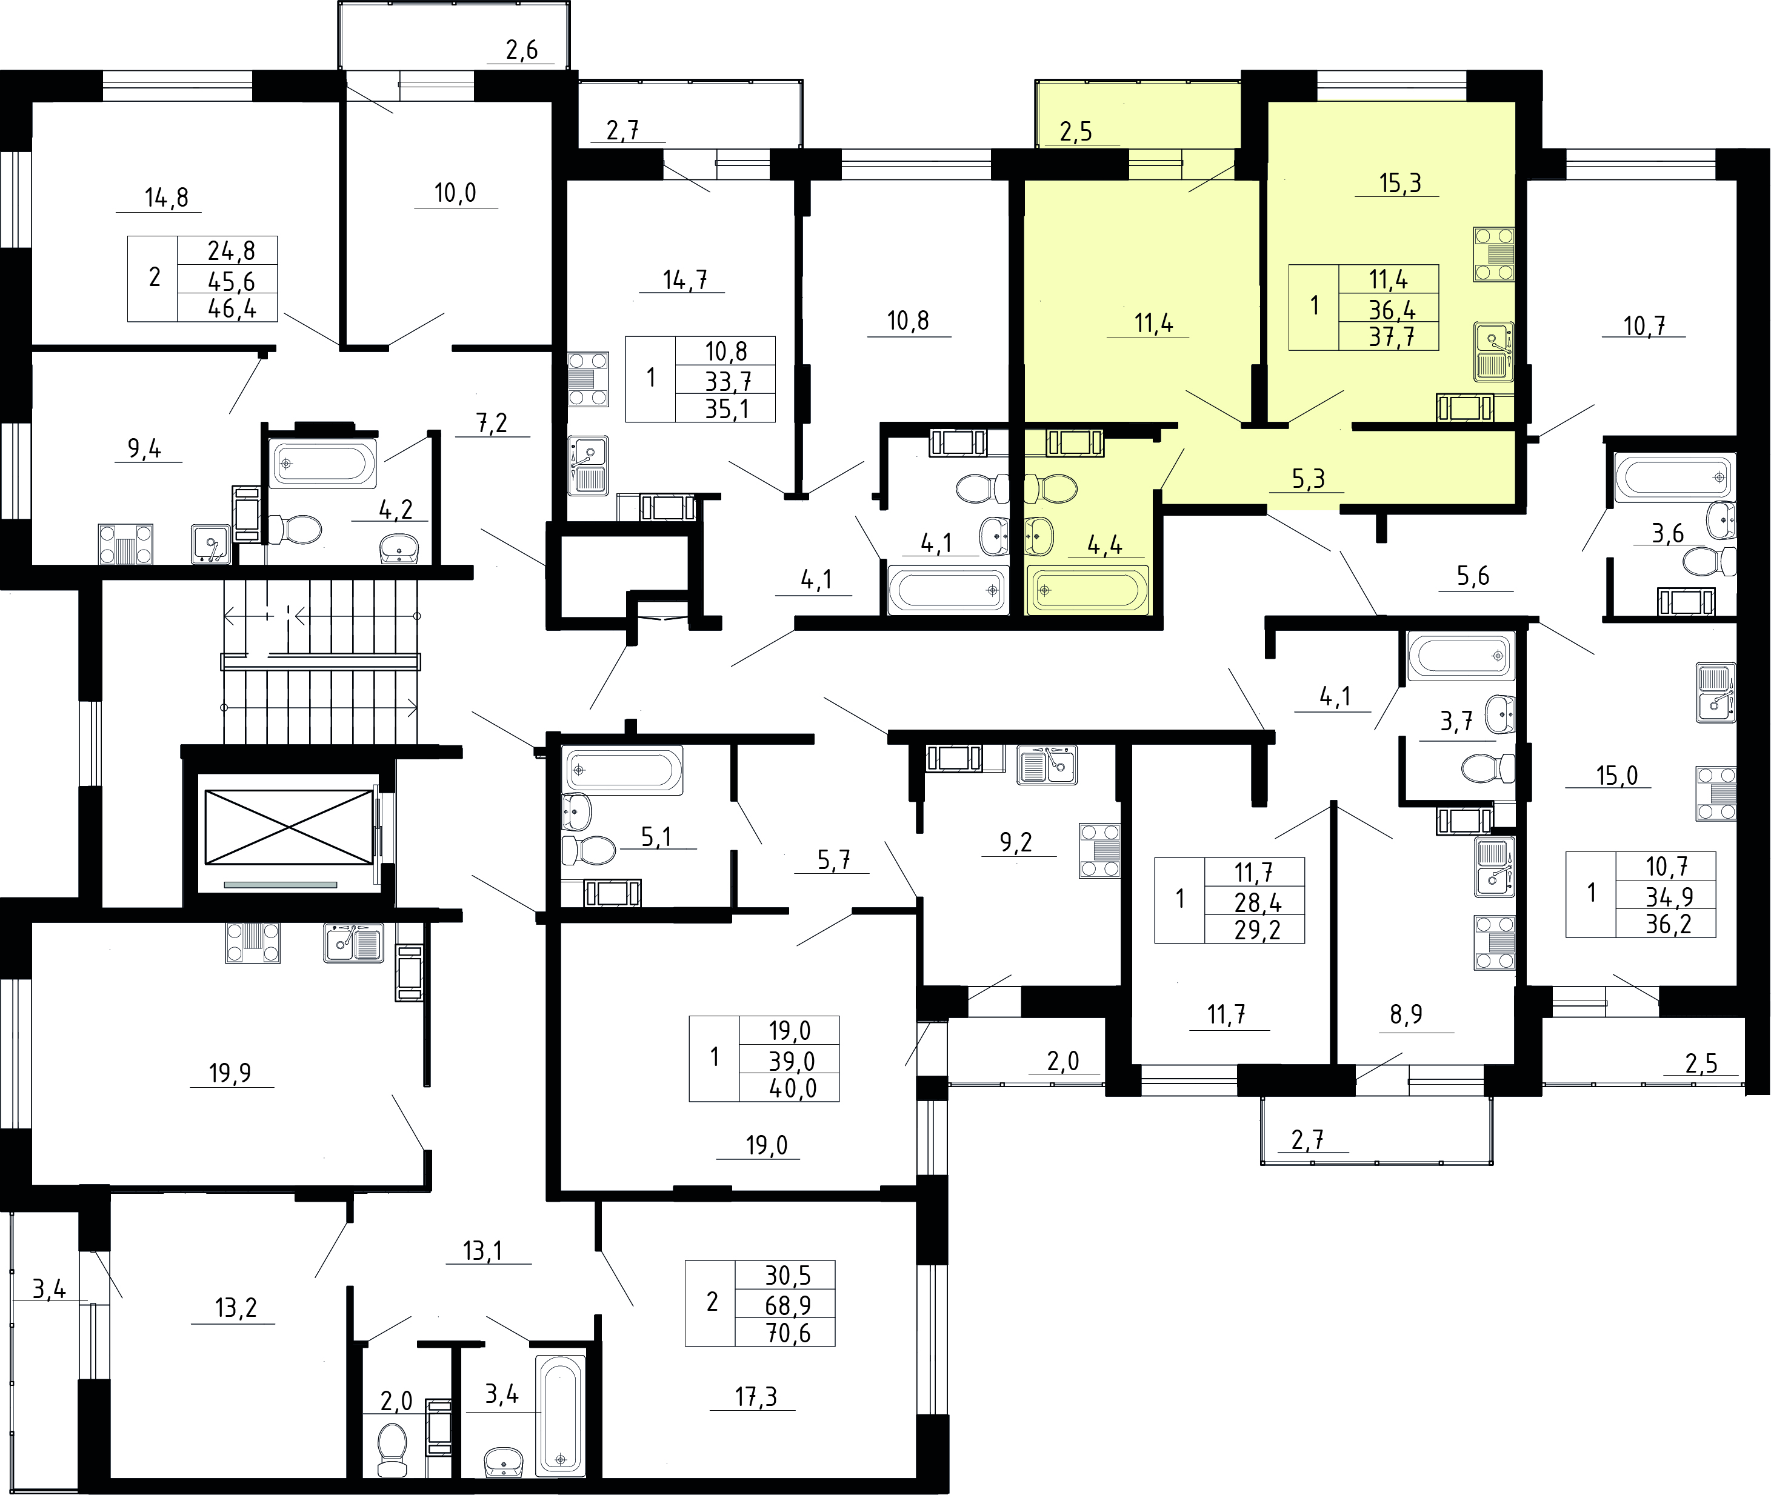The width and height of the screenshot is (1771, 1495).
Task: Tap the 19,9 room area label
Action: [230, 1074]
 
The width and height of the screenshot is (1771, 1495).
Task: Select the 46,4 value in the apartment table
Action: [232, 308]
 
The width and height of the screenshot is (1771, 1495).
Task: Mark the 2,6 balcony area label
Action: [522, 51]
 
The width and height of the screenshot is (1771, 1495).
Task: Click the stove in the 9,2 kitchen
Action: [1099, 850]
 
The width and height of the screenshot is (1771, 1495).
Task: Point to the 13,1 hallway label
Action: [483, 1251]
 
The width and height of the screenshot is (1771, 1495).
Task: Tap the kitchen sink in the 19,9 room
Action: [353, 942]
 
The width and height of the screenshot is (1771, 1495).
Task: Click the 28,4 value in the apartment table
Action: [1258, 902]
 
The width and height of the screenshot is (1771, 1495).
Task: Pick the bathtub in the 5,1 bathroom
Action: [622, 770]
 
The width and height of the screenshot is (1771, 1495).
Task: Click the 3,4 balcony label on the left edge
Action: [49, 1290]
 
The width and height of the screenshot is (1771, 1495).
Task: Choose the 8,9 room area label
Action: [1407, 1014]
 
